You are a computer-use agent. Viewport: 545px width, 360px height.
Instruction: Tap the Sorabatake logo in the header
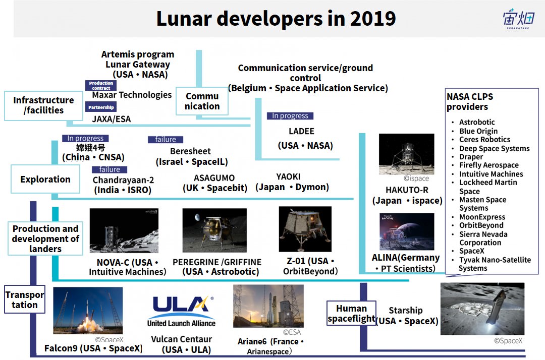(x=518, y=19)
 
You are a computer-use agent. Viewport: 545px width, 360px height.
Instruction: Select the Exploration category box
(x=45, y=179)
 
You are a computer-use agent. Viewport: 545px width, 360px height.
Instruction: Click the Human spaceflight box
(x=351, y=313)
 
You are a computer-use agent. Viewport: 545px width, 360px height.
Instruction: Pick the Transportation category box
(x=25, y=299)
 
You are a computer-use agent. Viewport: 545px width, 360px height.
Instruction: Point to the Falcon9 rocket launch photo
(x=88, y=311)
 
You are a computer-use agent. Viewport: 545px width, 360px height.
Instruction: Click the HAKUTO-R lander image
(x=406, y=154)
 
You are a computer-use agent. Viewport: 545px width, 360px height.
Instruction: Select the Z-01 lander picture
(x=305, y=229)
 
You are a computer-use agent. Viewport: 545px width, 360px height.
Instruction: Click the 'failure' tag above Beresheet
(x=166, y=140)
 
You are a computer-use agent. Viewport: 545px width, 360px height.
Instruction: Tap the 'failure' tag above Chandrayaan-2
(x=110, y=169)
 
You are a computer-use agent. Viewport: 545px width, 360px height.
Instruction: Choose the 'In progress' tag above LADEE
(x=290, y=115)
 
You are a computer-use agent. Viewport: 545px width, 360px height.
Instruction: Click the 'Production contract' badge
(x=101, y=85)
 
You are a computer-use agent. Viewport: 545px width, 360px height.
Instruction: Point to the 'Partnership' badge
(x=101, y=107)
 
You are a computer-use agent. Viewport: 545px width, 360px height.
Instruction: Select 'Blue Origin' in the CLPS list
(x=478, y=131)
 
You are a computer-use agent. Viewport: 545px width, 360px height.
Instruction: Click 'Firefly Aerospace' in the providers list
(x=488, y=165)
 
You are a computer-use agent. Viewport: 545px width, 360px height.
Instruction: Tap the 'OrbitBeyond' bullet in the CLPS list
(x=481, y=225)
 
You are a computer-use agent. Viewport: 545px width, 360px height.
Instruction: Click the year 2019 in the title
(x=372, y=19)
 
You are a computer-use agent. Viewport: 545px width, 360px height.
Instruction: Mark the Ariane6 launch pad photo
(x=268, y=306)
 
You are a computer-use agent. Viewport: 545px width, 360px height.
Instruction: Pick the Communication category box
(x=202, y=101)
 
